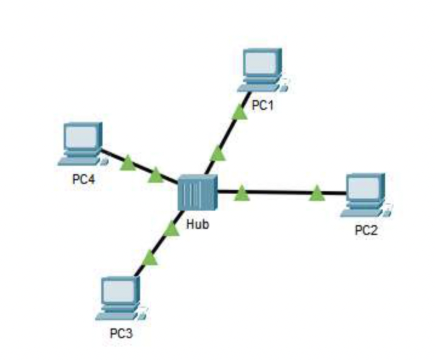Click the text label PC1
click(x=264, y=107)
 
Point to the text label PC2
click(x=366, y=231)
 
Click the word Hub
click(x=198, y=224)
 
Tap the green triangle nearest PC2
click(x=317, y=194)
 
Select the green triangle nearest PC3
click(x=149, y=259)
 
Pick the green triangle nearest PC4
click(x=127, y=163)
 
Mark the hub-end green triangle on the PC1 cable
click(x=218, y=152)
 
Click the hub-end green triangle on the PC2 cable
click(x=242, y=194)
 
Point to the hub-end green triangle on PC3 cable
click(x=172, y=229)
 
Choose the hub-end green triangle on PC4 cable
click(x=156, y=176)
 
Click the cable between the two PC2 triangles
click(x=279, y=194)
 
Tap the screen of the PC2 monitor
click(x=363, y=188)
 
